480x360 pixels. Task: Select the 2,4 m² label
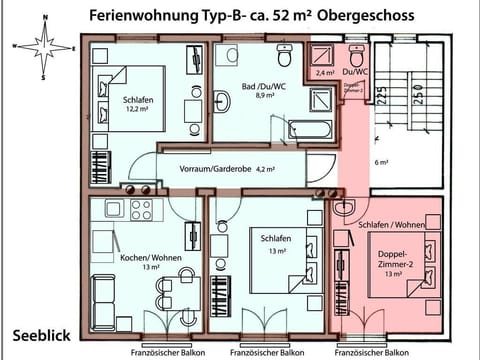325,73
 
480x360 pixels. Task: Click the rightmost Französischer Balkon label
371,352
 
